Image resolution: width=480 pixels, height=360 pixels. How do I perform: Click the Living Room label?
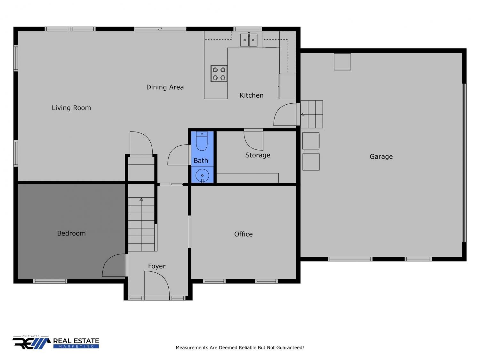click(x=71, y=108)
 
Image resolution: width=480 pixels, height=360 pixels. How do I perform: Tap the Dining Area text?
click(x=165, y=87)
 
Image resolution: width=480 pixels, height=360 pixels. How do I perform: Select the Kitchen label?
click(x=252, y=95)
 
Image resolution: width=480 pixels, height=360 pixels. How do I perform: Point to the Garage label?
click(x=381, y=157)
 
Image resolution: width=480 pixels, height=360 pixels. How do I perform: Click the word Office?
click(x=244, y=234)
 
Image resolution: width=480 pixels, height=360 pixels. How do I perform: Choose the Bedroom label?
click(x=71, y=233)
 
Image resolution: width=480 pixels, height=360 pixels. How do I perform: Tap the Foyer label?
click(x=157, y=266)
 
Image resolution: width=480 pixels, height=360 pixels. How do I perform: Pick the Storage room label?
click(x=258, y=155)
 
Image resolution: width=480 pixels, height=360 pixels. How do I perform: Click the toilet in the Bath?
click(x=202, y=141)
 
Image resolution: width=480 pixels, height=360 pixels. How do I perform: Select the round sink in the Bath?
click(x=202, y=175)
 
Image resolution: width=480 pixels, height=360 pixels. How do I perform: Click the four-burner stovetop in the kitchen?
click(x=219, y=74)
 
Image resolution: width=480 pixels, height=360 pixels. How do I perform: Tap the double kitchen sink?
click(x=249, y=40)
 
